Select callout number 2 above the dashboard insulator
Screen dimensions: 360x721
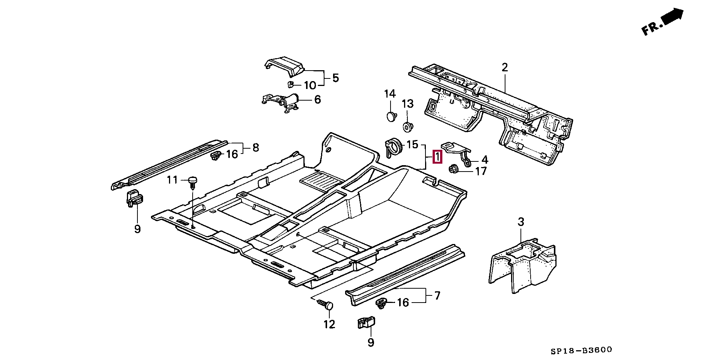(504, 68)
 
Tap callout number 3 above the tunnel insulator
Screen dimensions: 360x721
(520, 222)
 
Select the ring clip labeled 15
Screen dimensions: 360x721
(394, 147)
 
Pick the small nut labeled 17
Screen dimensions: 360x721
(453, 170)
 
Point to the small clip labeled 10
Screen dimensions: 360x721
(290, 84)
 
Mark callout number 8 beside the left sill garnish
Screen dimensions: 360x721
(255, 148)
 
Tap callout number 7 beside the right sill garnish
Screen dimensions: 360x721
(437, 296)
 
